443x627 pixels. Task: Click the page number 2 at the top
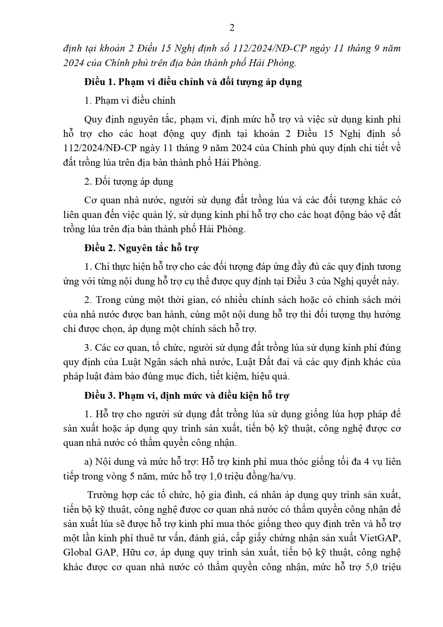232,28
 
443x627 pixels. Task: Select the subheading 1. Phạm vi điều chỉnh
130,100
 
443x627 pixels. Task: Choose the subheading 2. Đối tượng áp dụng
129,181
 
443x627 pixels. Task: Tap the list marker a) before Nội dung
88,462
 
